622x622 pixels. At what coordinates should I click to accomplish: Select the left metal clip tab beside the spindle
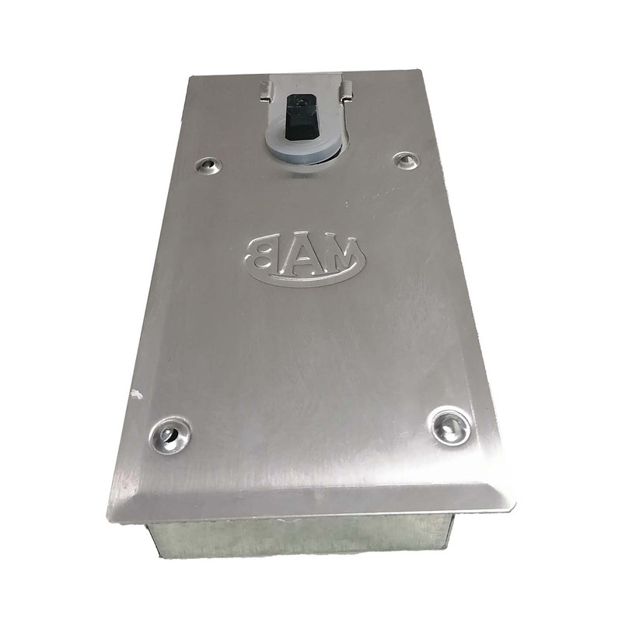click(266, 91)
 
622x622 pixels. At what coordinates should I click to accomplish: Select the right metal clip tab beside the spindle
click(346, 90)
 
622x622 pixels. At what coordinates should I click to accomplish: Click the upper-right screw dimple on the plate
click(406, 160)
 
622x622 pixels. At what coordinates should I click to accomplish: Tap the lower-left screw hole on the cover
click(169, 435)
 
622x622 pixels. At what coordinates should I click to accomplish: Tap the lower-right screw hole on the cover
click(451, 427)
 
